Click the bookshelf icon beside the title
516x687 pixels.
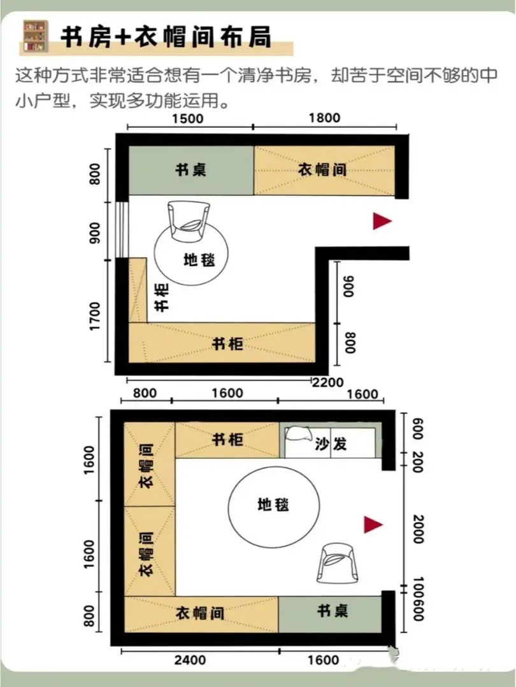(x=35, y=36)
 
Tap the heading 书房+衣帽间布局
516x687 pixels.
(x=166, y=36)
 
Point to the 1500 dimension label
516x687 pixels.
(x=188, y=119)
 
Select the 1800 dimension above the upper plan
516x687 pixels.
(x=324, y=118)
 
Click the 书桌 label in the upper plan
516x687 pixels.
(x=191, y=170)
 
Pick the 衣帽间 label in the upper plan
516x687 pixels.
(x=322, y=169)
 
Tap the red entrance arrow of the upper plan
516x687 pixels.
(x=382, y=221)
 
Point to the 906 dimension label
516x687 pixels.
(x=349, y=286)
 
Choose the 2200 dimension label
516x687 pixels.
(x=328, y=382)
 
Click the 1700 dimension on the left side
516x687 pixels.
(x=94, y=316)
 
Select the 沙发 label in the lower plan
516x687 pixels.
(x=331, y=444)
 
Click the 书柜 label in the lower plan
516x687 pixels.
(x=227, y=439)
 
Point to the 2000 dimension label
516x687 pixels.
(x=418, y=529)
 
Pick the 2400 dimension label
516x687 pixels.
(x=190, y=660)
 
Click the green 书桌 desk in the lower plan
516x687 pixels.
(x=330, y=614)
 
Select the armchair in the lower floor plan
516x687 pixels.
(x=338, y=563)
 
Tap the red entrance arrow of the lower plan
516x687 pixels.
(x=373, y=524)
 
